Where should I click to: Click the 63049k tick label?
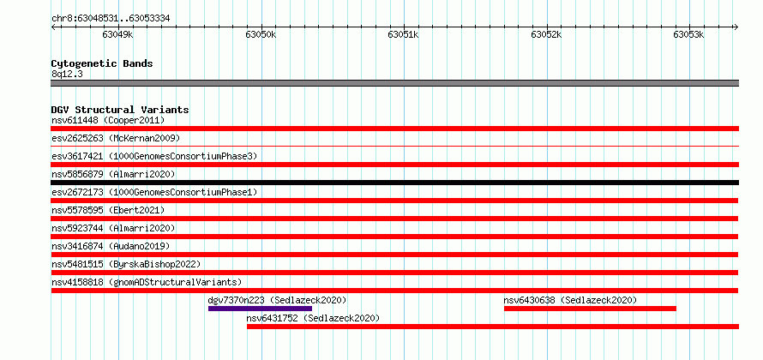coord(117,35)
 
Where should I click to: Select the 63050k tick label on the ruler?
coord(261,35)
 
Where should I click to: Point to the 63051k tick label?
coord(403,35)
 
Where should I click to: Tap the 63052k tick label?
coord(546,35)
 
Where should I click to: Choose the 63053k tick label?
coord(688,35)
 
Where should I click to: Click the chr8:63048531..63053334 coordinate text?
coord(111,19)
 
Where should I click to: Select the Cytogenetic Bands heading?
coord(102,63)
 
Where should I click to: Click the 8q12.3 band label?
coord(67,74)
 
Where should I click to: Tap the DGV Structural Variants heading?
coord(120,110)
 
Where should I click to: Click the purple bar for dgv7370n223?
coord(260,309)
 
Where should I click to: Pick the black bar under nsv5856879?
coord(394,183)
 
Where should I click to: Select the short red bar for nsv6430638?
coord(590,309)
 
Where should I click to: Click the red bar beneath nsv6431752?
coord(492,327)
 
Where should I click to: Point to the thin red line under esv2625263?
coord(394,146)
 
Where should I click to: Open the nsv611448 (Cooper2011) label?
coord(108,120)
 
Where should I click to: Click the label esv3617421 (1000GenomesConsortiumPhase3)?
coord(154,156)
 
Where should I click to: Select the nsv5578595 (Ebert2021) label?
coord(108,210)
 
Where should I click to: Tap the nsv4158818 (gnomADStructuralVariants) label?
coord(147,282)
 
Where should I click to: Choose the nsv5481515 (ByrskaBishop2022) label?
coord(126,264)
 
